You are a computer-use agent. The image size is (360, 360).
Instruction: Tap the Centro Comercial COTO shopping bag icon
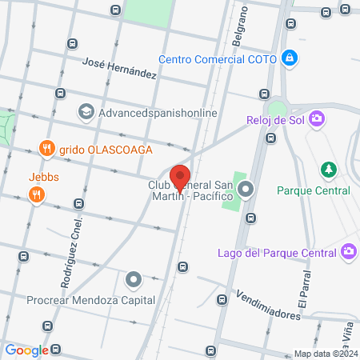pos(290,58)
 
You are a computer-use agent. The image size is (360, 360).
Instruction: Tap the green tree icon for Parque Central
pos(326,170)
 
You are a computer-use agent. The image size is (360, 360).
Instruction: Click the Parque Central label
pos(314,190)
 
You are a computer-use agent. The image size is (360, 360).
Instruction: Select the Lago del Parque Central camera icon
pos(348,253)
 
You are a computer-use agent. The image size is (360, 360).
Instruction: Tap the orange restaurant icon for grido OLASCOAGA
pos(47,149)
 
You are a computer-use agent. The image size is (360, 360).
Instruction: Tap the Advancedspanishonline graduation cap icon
pos(85,112)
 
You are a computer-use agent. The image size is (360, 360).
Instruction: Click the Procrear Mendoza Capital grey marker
pos(133,280)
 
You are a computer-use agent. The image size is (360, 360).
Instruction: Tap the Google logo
pos(26,350)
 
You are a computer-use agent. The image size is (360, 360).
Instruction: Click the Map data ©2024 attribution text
pos(324,354)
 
